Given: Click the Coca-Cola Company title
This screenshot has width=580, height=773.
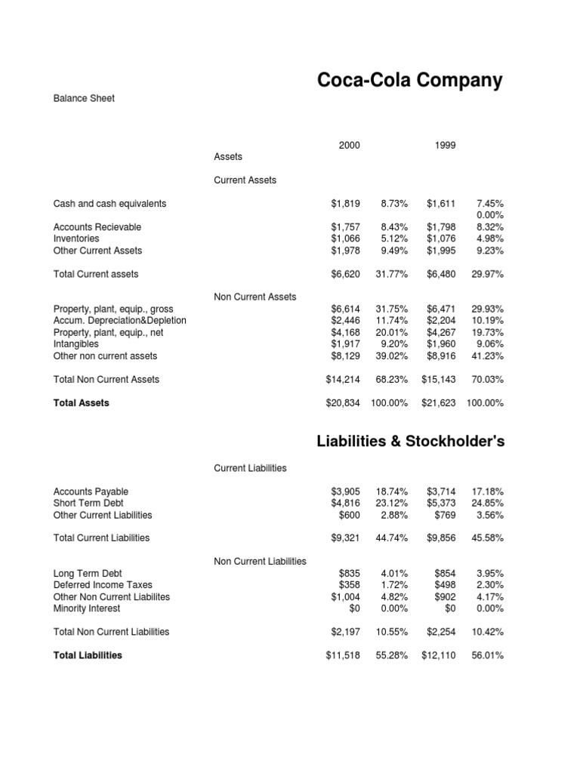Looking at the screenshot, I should pyautogui.click(x=409, y=81).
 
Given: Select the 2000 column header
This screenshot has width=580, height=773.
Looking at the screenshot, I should pyautogui.click(x=350, y=146).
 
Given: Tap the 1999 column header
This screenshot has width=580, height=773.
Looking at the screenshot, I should pyautogui.click(x=446, y=146).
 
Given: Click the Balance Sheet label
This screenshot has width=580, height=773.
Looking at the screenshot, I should pyautogui.click(x=84, y=98).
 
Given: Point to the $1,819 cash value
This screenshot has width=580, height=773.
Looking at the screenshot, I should pyautogui.click(x=346, y=204).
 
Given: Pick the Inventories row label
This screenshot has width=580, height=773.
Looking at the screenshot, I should pyautogui.click(x=76, y=239).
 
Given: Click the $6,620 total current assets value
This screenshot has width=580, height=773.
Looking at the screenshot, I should pyautogui.click(x=346, y=275).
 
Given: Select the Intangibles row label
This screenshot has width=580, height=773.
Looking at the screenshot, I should pyautogui.click(x=76, y=344).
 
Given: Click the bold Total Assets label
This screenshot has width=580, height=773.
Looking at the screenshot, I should pyautogui.click(x=82, y=403).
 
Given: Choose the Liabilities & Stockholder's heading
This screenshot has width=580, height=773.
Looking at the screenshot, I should pyautogui.click(x=410, y=442).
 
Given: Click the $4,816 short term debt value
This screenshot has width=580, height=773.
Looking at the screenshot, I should pyautogui.click(x=346, y=504).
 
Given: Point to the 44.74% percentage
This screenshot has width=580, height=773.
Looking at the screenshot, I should pyautogui.click(x=392, y=538).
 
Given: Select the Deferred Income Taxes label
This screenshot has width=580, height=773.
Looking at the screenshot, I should pyautogui.click(x=103, y=585).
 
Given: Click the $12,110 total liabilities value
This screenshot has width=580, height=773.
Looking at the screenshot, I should pyautogui.click(x=439, y=656).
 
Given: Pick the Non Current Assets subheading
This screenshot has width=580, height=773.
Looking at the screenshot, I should pyautogui.click(x=255, y=297).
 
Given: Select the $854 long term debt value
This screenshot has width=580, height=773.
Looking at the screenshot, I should pyautogui.click(x=446, y=574).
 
